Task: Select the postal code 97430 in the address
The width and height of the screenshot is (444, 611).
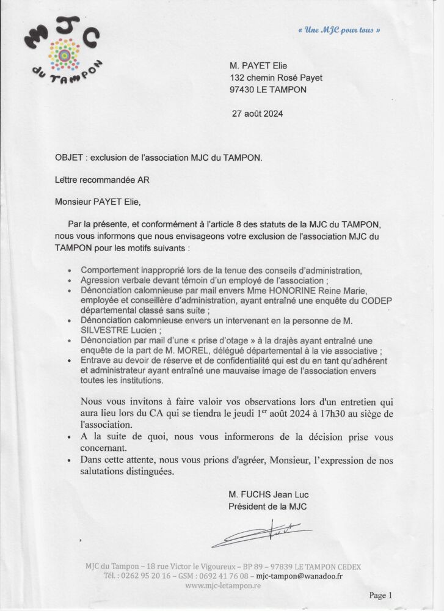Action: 242,90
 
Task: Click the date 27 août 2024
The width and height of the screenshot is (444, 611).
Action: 258,114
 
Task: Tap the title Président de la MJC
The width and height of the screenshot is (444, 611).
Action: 267,506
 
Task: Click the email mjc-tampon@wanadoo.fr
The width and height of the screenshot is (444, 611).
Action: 299,576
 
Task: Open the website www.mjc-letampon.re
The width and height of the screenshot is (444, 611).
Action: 223,585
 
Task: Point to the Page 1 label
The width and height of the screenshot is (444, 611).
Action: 380,595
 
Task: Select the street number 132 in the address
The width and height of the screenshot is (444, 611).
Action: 237,78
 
